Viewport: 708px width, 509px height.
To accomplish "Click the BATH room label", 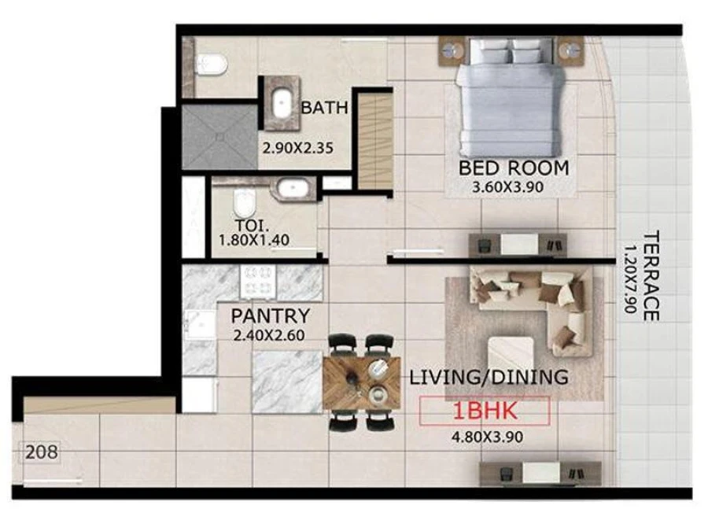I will coord(324,108).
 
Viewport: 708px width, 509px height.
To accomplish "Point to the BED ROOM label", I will coord(514,168).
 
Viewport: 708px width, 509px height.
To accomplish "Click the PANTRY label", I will coord(269,316).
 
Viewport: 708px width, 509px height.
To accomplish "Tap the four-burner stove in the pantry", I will coord(257,280).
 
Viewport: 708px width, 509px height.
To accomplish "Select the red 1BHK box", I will coord(483,411).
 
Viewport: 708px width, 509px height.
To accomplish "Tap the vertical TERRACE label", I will coord(650,275).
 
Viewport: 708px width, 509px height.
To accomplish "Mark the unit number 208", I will coord(40,453).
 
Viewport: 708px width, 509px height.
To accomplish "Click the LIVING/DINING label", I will coord(489,378).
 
